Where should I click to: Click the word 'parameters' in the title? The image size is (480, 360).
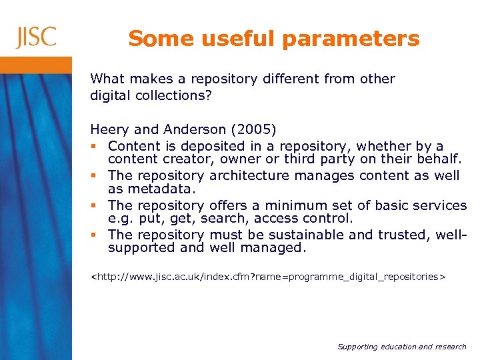351,39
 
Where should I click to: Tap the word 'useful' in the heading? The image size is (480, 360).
229,39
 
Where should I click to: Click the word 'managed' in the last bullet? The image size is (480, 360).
275,248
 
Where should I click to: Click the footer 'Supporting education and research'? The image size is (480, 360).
402,347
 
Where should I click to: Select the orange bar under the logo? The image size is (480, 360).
36,65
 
